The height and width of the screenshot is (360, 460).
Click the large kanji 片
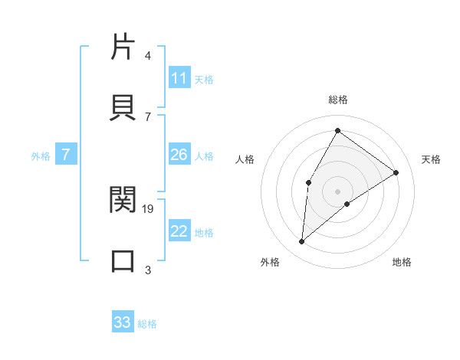[123, 46]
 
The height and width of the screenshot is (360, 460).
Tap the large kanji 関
[123, 199]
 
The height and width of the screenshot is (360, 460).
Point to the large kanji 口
[123, 260]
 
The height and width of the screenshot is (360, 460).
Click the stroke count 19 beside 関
[149, 208]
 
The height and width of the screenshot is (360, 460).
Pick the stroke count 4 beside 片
[147, 56]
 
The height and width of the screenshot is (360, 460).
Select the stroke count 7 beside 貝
[147, 116]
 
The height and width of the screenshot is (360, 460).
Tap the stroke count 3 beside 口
[147, 270]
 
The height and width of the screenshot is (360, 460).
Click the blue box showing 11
[179, 78]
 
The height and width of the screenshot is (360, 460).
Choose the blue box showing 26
[179, 155]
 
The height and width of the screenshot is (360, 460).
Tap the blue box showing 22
[179, 231]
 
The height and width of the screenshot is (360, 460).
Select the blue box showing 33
[123, 322]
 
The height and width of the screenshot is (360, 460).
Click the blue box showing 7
[66, 155]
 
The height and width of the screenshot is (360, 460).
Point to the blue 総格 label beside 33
[147, 323]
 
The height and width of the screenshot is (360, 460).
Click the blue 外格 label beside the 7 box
[41, 155]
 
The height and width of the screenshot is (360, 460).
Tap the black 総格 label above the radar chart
[337, 100]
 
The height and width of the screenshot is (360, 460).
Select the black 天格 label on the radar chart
[431, 159]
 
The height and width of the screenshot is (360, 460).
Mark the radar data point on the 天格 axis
[396, 172]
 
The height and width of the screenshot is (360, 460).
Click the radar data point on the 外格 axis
[302, 242]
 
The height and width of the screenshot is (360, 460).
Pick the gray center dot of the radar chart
[337, 191]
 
